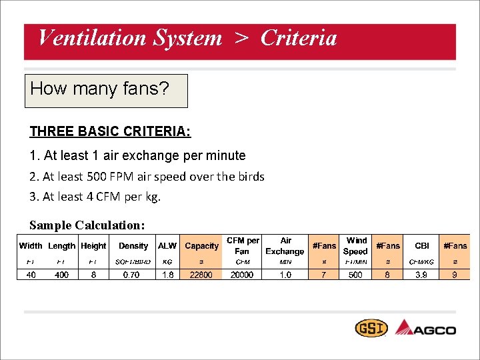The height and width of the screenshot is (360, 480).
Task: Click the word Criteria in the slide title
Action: (299, 38)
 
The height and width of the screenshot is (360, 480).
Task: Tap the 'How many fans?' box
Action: (106, 91)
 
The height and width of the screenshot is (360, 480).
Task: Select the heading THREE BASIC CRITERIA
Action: (110, 131)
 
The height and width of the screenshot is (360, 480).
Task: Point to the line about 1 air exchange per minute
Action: (137, 155)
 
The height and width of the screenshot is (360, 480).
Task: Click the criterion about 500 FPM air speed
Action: (147, 177)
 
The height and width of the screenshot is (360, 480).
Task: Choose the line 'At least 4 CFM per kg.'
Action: (95, 197)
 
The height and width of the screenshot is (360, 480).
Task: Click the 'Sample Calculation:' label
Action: (87, 225)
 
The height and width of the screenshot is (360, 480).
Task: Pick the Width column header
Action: (31, 246)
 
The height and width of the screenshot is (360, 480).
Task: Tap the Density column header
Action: (133, 246)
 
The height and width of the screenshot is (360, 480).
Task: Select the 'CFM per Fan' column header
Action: (243, 245)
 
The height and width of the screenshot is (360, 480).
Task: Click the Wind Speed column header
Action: (356, 245)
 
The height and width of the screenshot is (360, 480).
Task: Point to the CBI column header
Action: (421, 246)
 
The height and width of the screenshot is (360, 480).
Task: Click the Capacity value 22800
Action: (201, 275)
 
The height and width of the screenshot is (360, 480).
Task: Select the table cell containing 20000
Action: (242, 275)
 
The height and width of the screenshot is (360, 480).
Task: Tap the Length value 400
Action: (61, 275)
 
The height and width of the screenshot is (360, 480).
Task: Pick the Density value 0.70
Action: (132, 275)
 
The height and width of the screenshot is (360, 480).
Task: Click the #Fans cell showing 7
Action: (325, 275)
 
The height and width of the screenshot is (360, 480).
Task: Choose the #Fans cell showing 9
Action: (455, 275)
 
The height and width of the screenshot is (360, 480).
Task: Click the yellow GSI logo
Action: (370, 329)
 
